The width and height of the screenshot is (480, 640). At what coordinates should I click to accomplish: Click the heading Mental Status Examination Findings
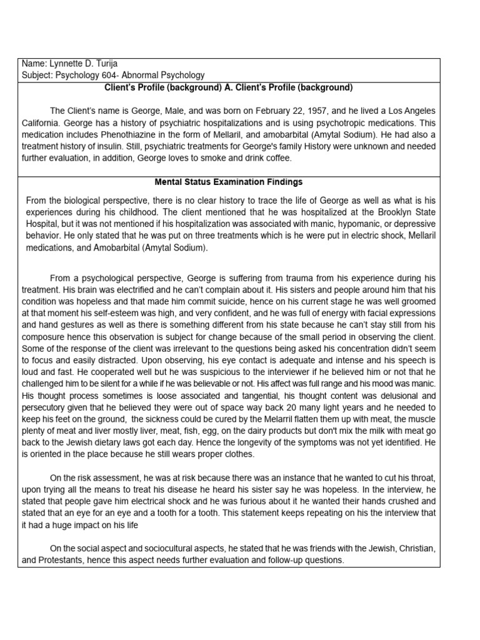pos(229,182)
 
